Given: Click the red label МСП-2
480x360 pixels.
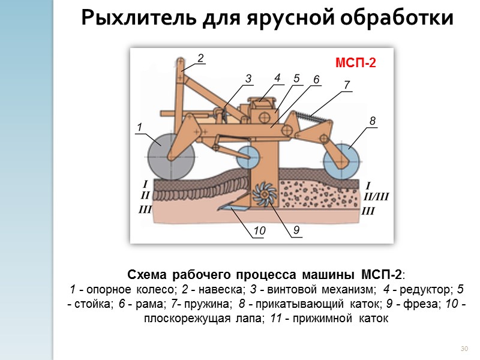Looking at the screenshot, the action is click(354, 63).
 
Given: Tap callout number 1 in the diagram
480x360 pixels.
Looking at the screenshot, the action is click(139, 127).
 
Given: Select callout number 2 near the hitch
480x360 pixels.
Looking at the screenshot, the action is click(200, 58).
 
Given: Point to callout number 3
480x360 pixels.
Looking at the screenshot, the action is click(249, 79).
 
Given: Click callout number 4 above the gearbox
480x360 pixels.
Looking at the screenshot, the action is click(277, 77).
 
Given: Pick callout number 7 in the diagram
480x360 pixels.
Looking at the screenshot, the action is click(346, 85).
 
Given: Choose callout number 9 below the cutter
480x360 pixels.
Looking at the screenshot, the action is click(296, 230).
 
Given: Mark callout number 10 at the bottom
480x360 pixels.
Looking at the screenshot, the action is click(259, 231).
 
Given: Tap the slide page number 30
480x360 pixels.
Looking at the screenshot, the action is click(463, 349).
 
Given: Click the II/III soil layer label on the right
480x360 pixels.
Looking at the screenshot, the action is click(377, 196).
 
